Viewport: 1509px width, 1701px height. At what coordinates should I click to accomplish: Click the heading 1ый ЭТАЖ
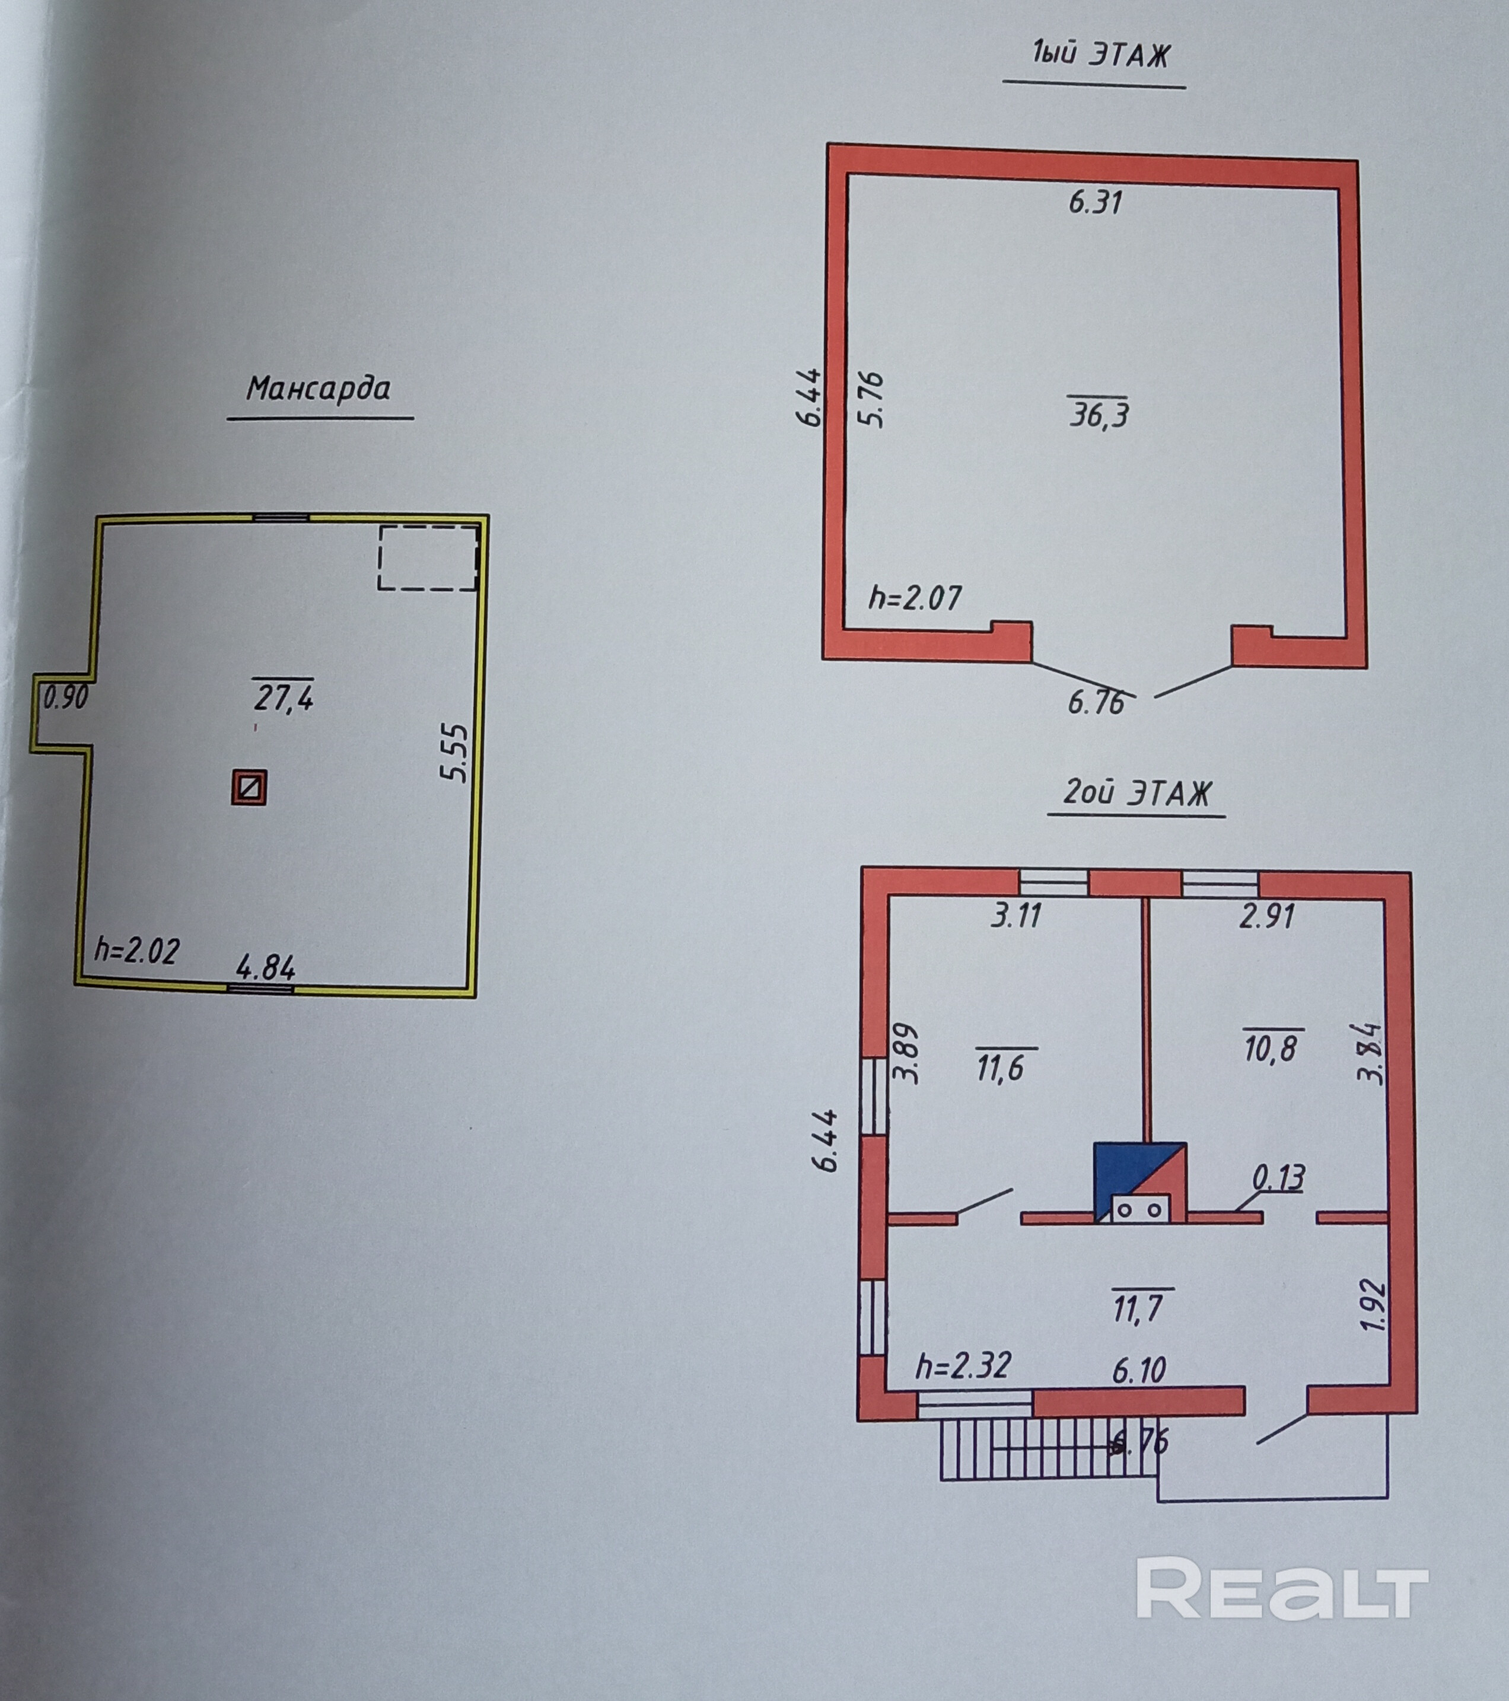(1100, 55)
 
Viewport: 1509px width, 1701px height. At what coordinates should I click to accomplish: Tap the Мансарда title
(319, 388)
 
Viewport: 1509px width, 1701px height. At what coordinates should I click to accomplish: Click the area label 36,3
(1099, 413)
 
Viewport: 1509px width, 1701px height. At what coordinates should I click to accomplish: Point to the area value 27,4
(284, 696)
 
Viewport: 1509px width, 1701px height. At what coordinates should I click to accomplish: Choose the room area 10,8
(1272, 1046)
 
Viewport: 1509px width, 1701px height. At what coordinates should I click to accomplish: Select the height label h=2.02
(136, 950)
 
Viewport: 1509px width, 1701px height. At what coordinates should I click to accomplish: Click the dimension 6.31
(1096, 202)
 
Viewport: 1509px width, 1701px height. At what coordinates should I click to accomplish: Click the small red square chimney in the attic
(249, 786)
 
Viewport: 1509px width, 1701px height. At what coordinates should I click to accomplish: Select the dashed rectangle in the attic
(428, 558)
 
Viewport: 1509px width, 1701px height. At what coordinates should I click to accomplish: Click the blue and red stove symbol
(1139, 1183)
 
